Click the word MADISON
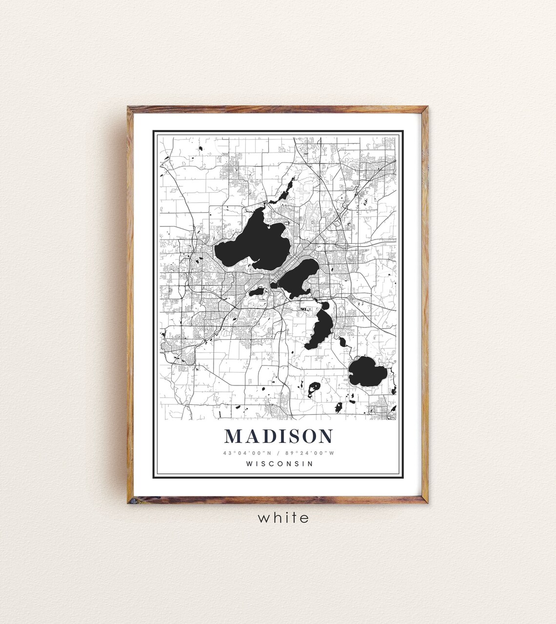[x=278, y=436]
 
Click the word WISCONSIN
[x=279, y=463]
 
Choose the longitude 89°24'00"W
[x=311, y=453]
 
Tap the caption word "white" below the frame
[x=283, y=517]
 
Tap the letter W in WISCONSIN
[x=250, y=463]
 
